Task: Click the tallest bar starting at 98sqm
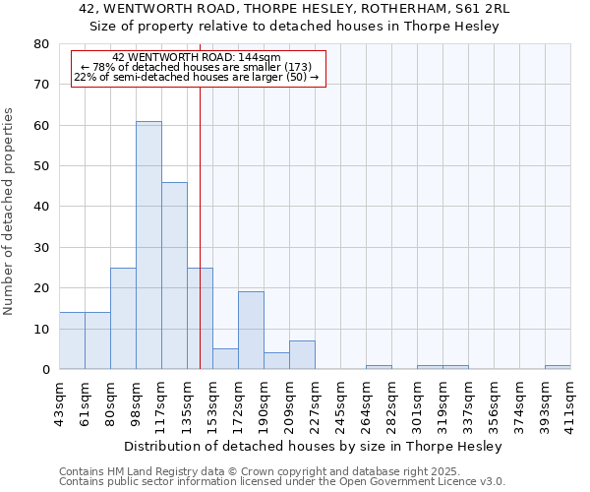(148, 245)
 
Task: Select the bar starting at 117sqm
(174, 276)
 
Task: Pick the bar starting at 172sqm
(251, 331)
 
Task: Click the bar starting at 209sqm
(302, 355)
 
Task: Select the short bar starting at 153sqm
(225, 359)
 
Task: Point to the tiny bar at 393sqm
(558, 367)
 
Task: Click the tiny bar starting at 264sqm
(379, 367)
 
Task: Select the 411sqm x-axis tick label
(571, 403)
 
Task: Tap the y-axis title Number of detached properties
(10, 207)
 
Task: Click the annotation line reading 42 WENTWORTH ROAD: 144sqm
(197, 58)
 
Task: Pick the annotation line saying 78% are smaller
(197, 67)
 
